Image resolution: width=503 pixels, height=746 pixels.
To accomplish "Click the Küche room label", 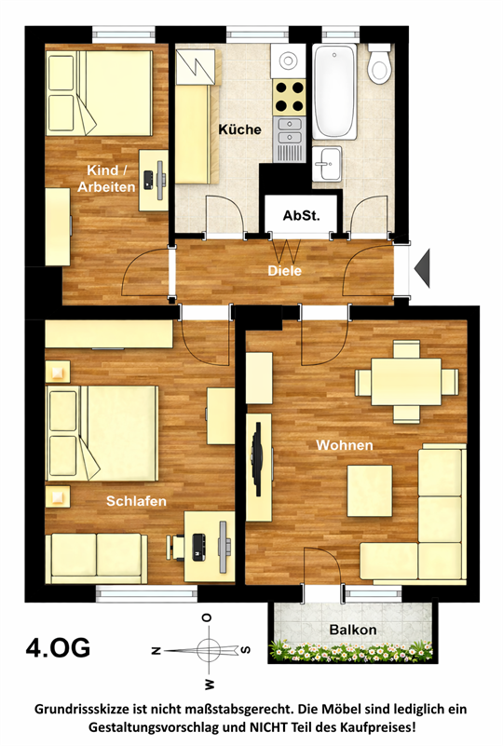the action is pyautogui.click(x=239, y=129).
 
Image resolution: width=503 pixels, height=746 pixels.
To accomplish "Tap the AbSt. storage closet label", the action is pyautogui.click(x=301, y=215).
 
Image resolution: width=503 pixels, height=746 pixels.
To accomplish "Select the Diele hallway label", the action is pyautogui.click(x=285, y=271).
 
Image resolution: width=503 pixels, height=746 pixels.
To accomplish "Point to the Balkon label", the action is pyautogui.click(x=353, y=630).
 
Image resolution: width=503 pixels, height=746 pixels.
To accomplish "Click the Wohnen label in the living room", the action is pyautogui.click(x=345, y=445).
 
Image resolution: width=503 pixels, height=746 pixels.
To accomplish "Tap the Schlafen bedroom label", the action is pyautogui.click(x=136, y=501).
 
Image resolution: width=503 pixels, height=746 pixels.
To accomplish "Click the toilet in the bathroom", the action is pyautogui.click(x=380, y=63).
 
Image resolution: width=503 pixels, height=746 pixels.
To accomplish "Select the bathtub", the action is pyautogui.click(x=334, y=91).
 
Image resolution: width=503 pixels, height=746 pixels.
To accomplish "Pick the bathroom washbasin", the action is pyautogui.click(x=327, y=163).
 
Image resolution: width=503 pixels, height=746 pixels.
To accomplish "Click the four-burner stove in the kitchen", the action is pyautogui.click(x=289, y=97).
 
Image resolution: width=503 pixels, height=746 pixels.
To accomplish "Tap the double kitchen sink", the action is pyautogui.click(x=289, y=131).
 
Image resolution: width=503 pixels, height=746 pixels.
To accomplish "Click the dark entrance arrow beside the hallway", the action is pyautogui.click(x=422, y=268).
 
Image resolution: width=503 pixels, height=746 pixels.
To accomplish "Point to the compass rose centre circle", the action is pyautogui.click(x=209, y=650).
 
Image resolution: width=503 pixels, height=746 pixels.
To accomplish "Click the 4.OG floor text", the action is pyautogui.click(x=58, y=647).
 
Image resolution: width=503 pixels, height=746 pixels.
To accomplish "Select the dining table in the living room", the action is pyautogui.click(x=406, y=382).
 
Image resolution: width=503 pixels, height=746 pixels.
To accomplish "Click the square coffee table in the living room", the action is pyautogui.click(x=370, y=491).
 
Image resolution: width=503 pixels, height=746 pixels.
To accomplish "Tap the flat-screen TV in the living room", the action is pyautogui.click(x=257, y=459).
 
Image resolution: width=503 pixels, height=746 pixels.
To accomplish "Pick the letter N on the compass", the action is pyautogui.click(x=156, y=650).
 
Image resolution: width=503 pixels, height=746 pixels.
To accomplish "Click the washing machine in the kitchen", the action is pyautogui.click(x=288, y=61).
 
